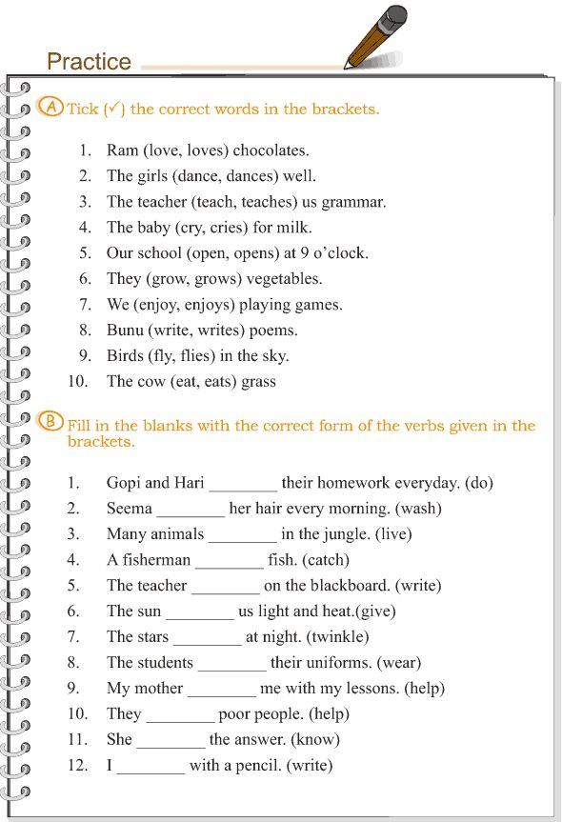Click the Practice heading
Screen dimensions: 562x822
(89, 62)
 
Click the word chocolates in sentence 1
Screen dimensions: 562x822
(270, 150)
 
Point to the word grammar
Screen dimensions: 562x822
(354, 202)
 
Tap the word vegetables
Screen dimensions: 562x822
(284, 279)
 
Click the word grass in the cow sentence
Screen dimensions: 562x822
(258, 382)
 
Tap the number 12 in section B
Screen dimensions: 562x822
(77, 766)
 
